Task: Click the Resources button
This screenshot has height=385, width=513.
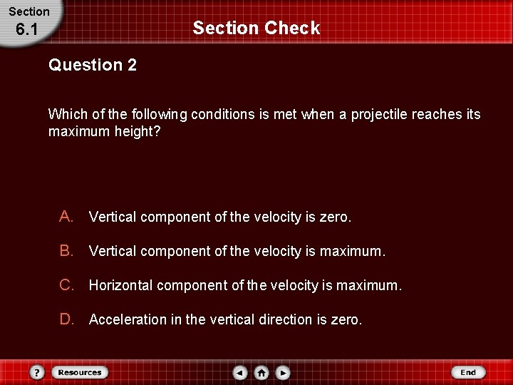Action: (x=80, y=372)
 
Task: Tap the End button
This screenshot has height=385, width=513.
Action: (x=468, y=372)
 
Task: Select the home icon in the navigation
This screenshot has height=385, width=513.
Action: (x=261, y=372)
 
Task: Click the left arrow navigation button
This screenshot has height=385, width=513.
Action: (x=241, y=372)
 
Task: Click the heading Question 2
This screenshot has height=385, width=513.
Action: (x=93, y=66)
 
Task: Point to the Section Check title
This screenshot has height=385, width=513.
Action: (x=256, y=29)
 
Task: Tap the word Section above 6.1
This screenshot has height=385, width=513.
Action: (x=29, y=11)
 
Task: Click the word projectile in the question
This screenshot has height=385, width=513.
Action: (x=380, y=115)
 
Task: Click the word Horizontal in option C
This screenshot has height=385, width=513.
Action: (x=120, y=286)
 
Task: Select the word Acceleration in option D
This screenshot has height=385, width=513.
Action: (x=128, y=320)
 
